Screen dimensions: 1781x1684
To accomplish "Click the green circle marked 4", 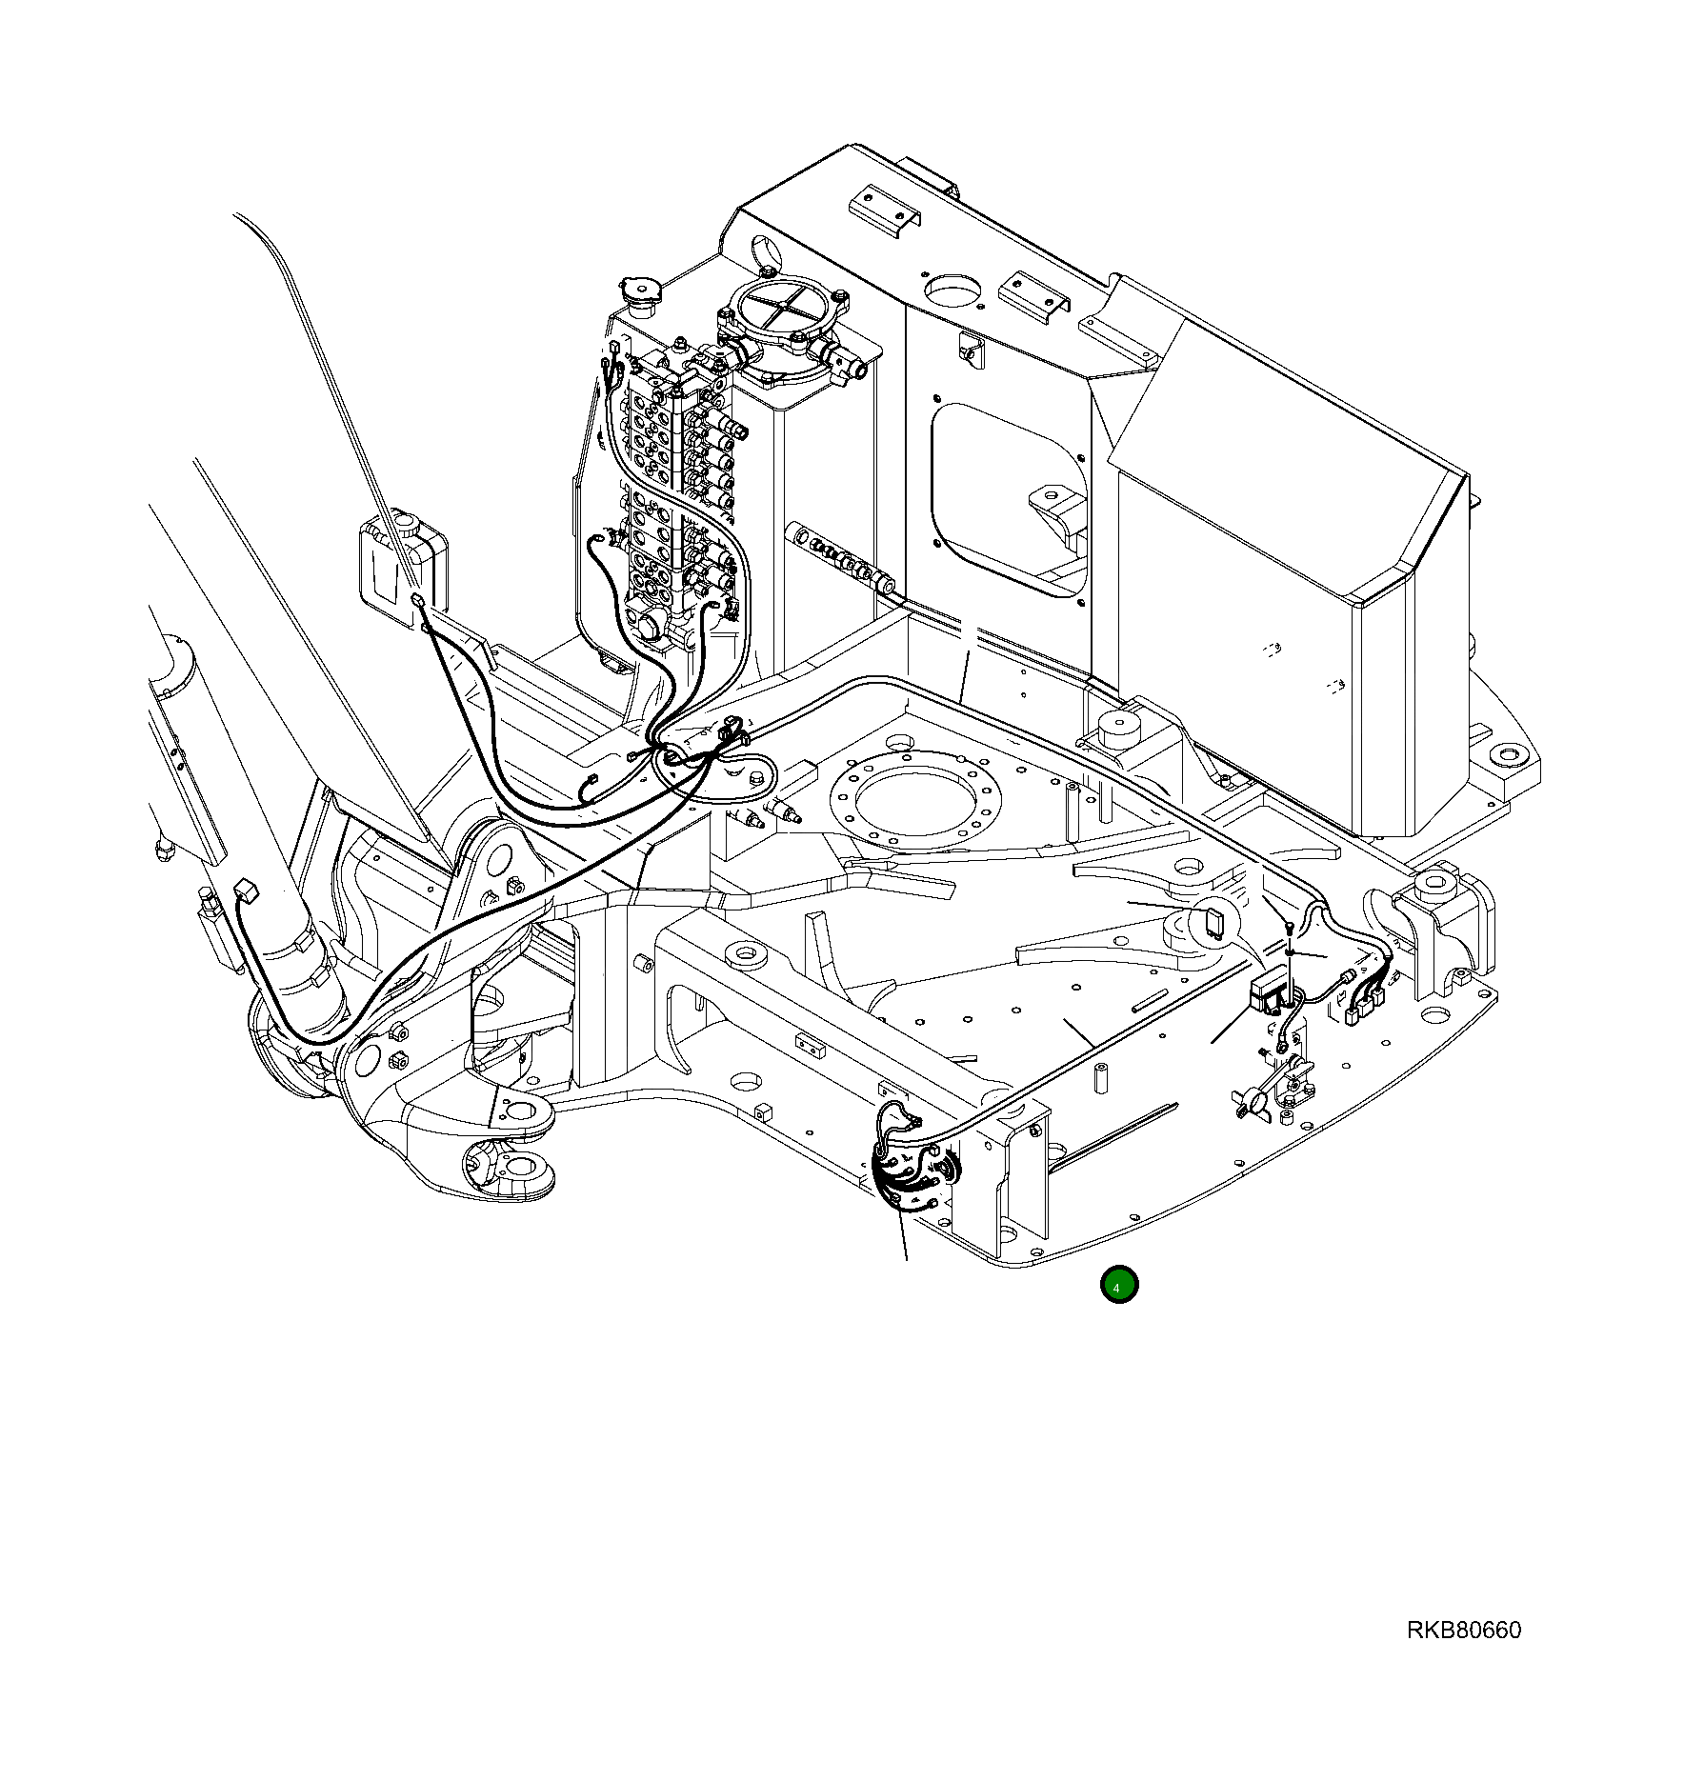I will [1118, 1285].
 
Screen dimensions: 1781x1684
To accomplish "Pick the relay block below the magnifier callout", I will [1269, 993].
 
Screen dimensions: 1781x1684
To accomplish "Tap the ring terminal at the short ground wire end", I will [1282, 1046].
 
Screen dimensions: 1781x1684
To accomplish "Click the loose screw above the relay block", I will [1288, 927].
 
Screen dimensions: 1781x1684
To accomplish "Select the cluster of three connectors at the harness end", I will [1364, 1004].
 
